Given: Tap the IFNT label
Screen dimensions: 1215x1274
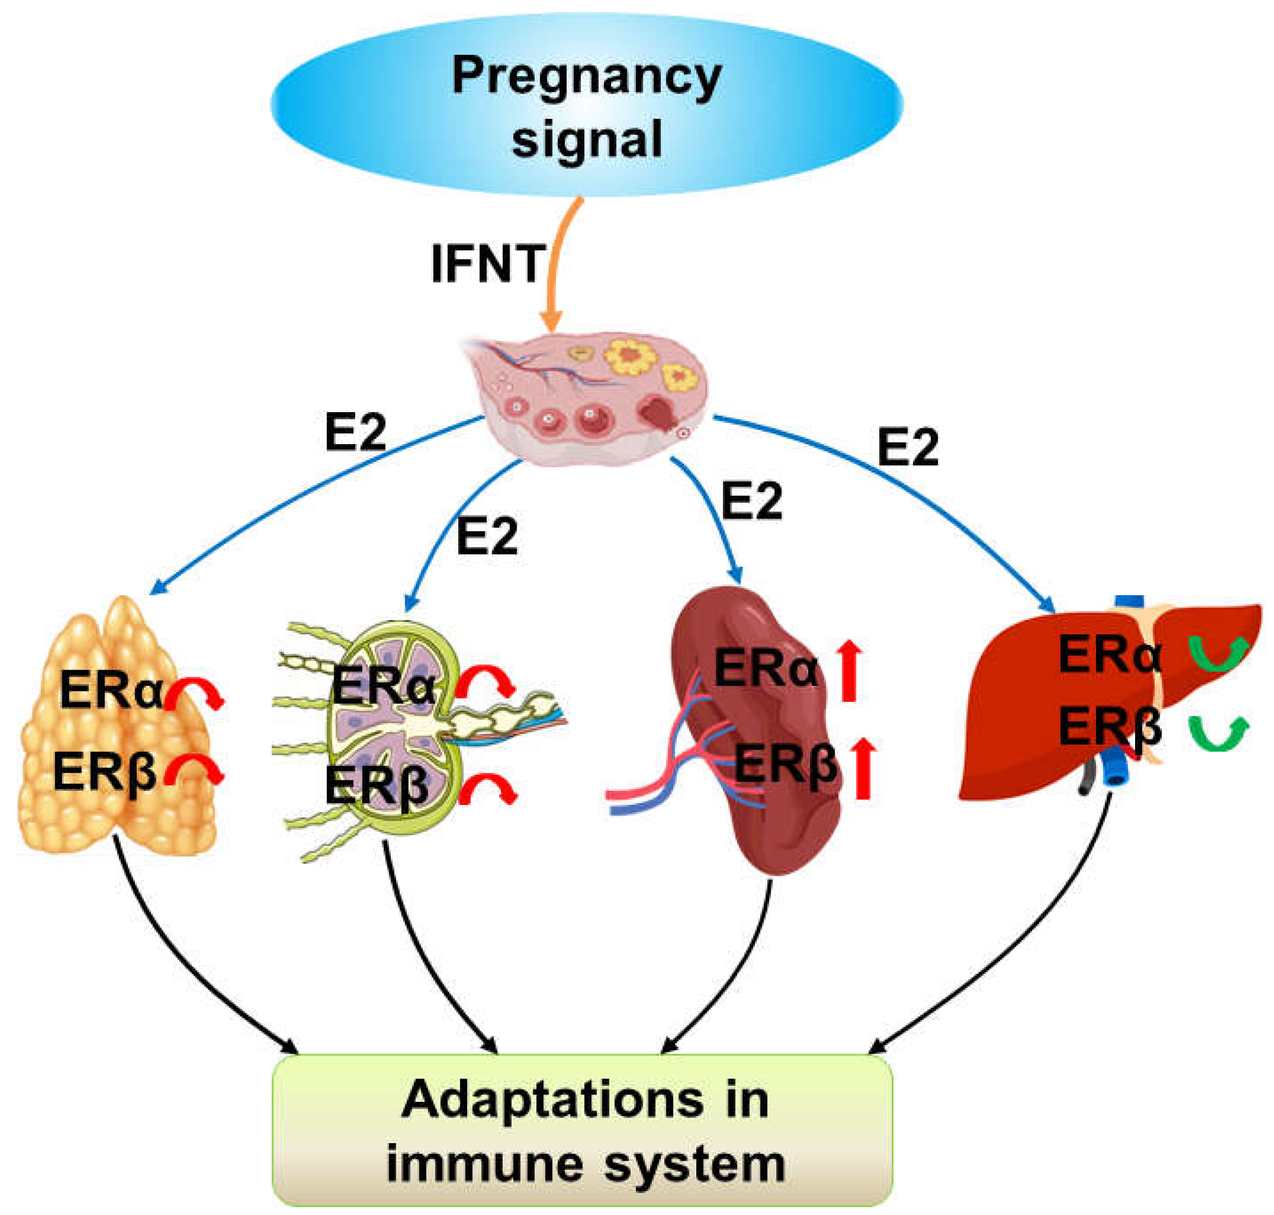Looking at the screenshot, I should coord(487,264).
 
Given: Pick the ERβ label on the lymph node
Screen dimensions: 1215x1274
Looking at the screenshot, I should coord(376,785).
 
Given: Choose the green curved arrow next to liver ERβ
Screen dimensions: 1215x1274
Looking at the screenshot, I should coord(1218,733).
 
